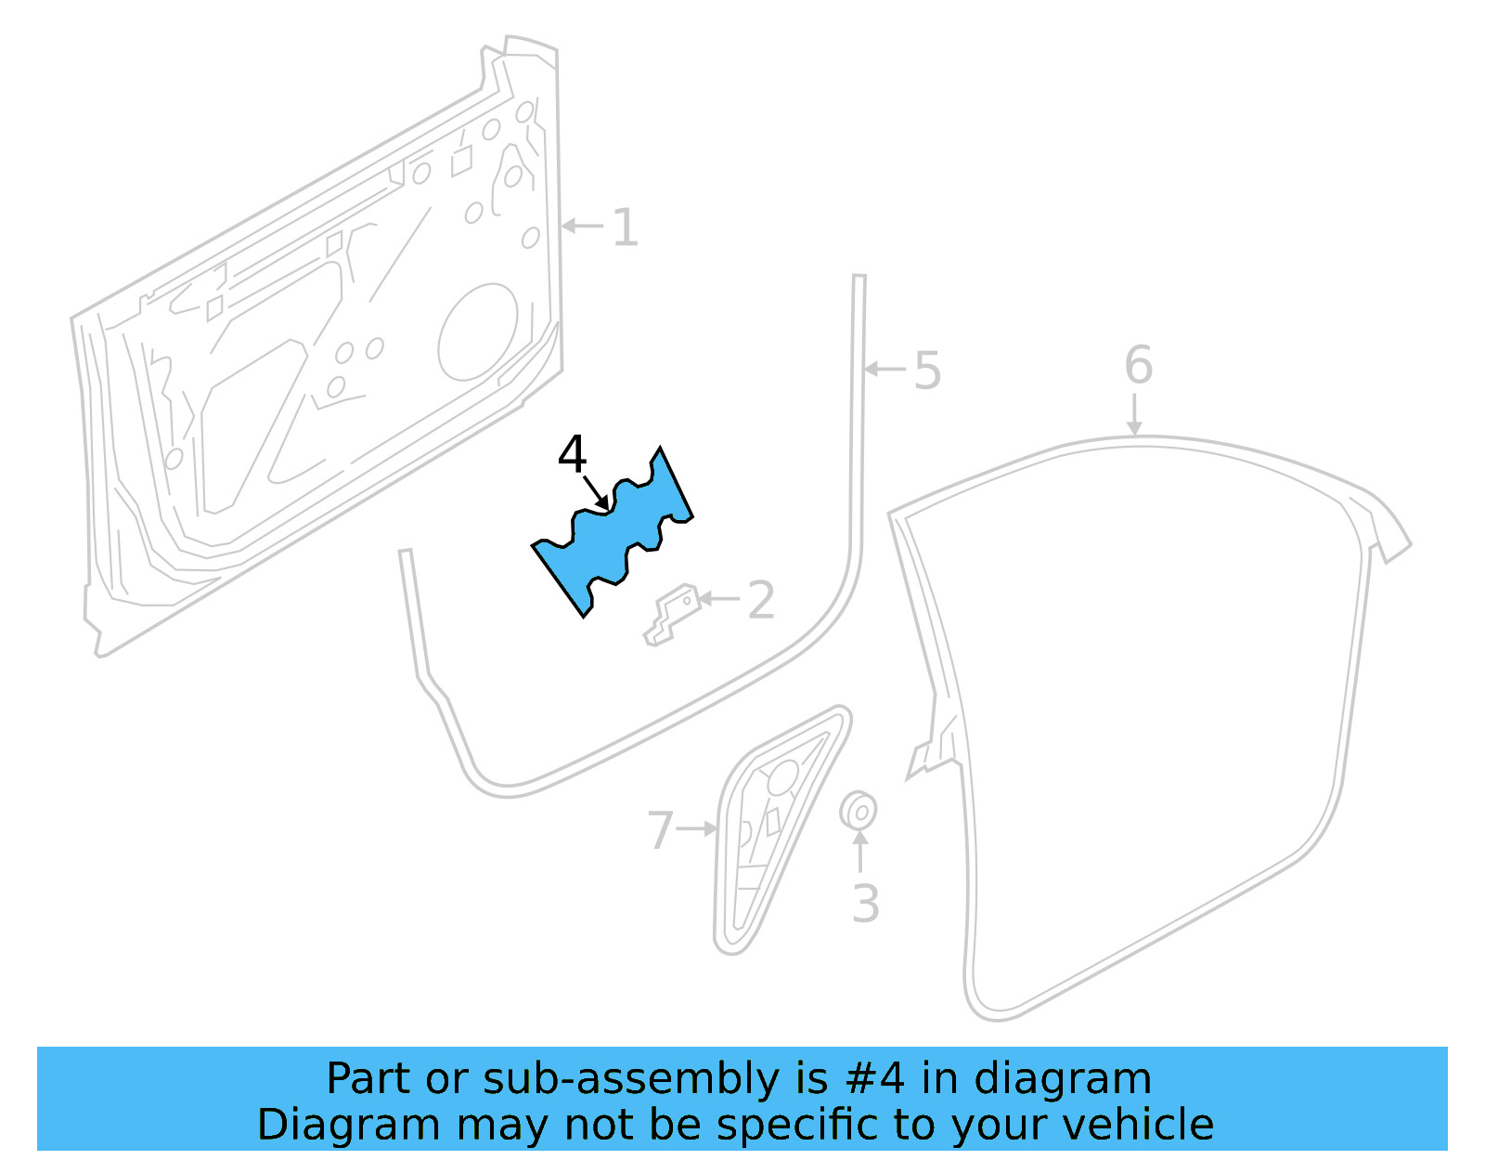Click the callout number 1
pyautogui.click(x=626, y=228)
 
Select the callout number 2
pyautogui.click(x=761, y=601)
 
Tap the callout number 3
pyautogui.click(x=865, y=904)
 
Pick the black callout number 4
pyautogui.click(x=572, y=455)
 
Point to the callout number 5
pyautogui.click(x=927, y=371)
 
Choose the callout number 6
pyautogui.click(x=1138, y=365)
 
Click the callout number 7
pyautogui.click(x=660, y=830)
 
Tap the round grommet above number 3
pyautogui.click(x=859, y=812)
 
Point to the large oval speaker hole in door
pyautogui.click(x=478, y=332)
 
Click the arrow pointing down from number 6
pyautogui.click(x=1134, y=414)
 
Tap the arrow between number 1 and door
pyautogui.click(x=582, y=226)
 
